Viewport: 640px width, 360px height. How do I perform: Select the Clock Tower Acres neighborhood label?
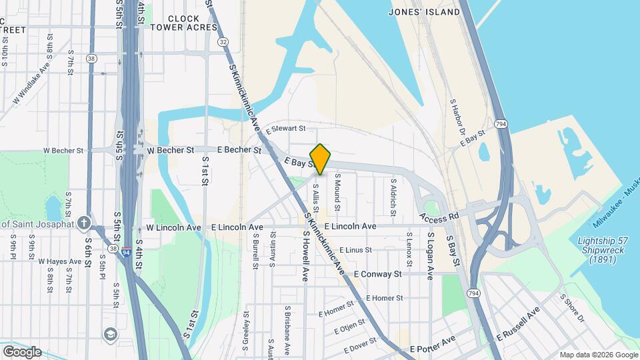183,23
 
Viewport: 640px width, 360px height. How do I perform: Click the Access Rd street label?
439,217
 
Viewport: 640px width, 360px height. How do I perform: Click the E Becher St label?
238,151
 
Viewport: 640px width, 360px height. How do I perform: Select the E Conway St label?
377,274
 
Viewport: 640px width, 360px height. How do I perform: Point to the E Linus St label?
355,250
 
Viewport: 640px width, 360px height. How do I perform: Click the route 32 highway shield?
223,42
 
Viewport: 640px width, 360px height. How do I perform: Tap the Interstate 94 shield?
127,253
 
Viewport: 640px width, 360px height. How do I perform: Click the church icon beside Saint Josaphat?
84,223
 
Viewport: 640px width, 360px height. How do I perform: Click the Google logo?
22,352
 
